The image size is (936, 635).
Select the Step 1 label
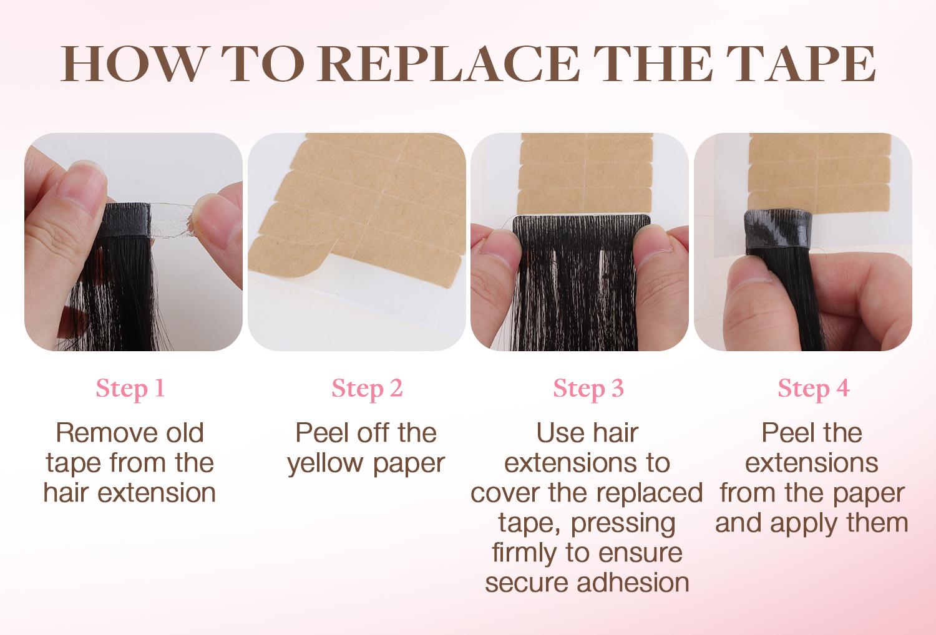[130, 389]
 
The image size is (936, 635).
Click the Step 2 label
[367, 389]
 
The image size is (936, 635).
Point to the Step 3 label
[588, 389]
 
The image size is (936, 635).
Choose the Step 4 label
[813, 389]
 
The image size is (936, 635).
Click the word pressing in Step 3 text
[633, 523]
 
